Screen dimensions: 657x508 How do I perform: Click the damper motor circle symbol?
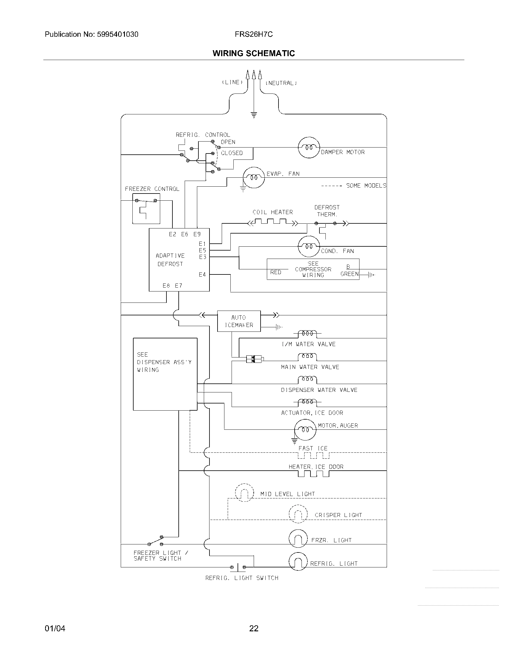click(x=309, y=148)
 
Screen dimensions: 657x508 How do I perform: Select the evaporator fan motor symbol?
click(x=254, y=177)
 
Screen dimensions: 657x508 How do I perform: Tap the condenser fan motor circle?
click(x=309, y=246)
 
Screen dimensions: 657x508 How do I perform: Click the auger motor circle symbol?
click(x=305, y=429)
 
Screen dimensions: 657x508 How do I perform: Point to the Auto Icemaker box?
click(x=239, y=321)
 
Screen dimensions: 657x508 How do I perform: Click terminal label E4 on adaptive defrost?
click(x=202, y=274)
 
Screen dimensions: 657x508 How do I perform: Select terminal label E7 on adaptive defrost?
click(x=178, y=285)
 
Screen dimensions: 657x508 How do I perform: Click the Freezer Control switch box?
click(x=146, y=208)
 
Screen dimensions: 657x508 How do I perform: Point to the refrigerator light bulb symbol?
click(x=298, y=562)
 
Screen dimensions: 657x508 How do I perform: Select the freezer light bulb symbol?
click(x=298, y=539)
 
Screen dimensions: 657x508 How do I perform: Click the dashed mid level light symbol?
click(x=244, y=492)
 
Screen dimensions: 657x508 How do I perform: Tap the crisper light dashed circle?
click(x=298, y=514)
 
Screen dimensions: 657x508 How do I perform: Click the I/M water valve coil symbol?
click(x=307, y=333)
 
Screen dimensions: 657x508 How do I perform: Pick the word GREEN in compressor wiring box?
click(x=349, y=274)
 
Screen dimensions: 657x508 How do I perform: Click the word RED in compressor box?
click(x=276, y=272)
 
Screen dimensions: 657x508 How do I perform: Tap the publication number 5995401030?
click(x=117, y=34)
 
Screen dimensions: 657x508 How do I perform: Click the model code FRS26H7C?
click(x=254, y=34)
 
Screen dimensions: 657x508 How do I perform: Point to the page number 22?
click(x=254, y=628)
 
